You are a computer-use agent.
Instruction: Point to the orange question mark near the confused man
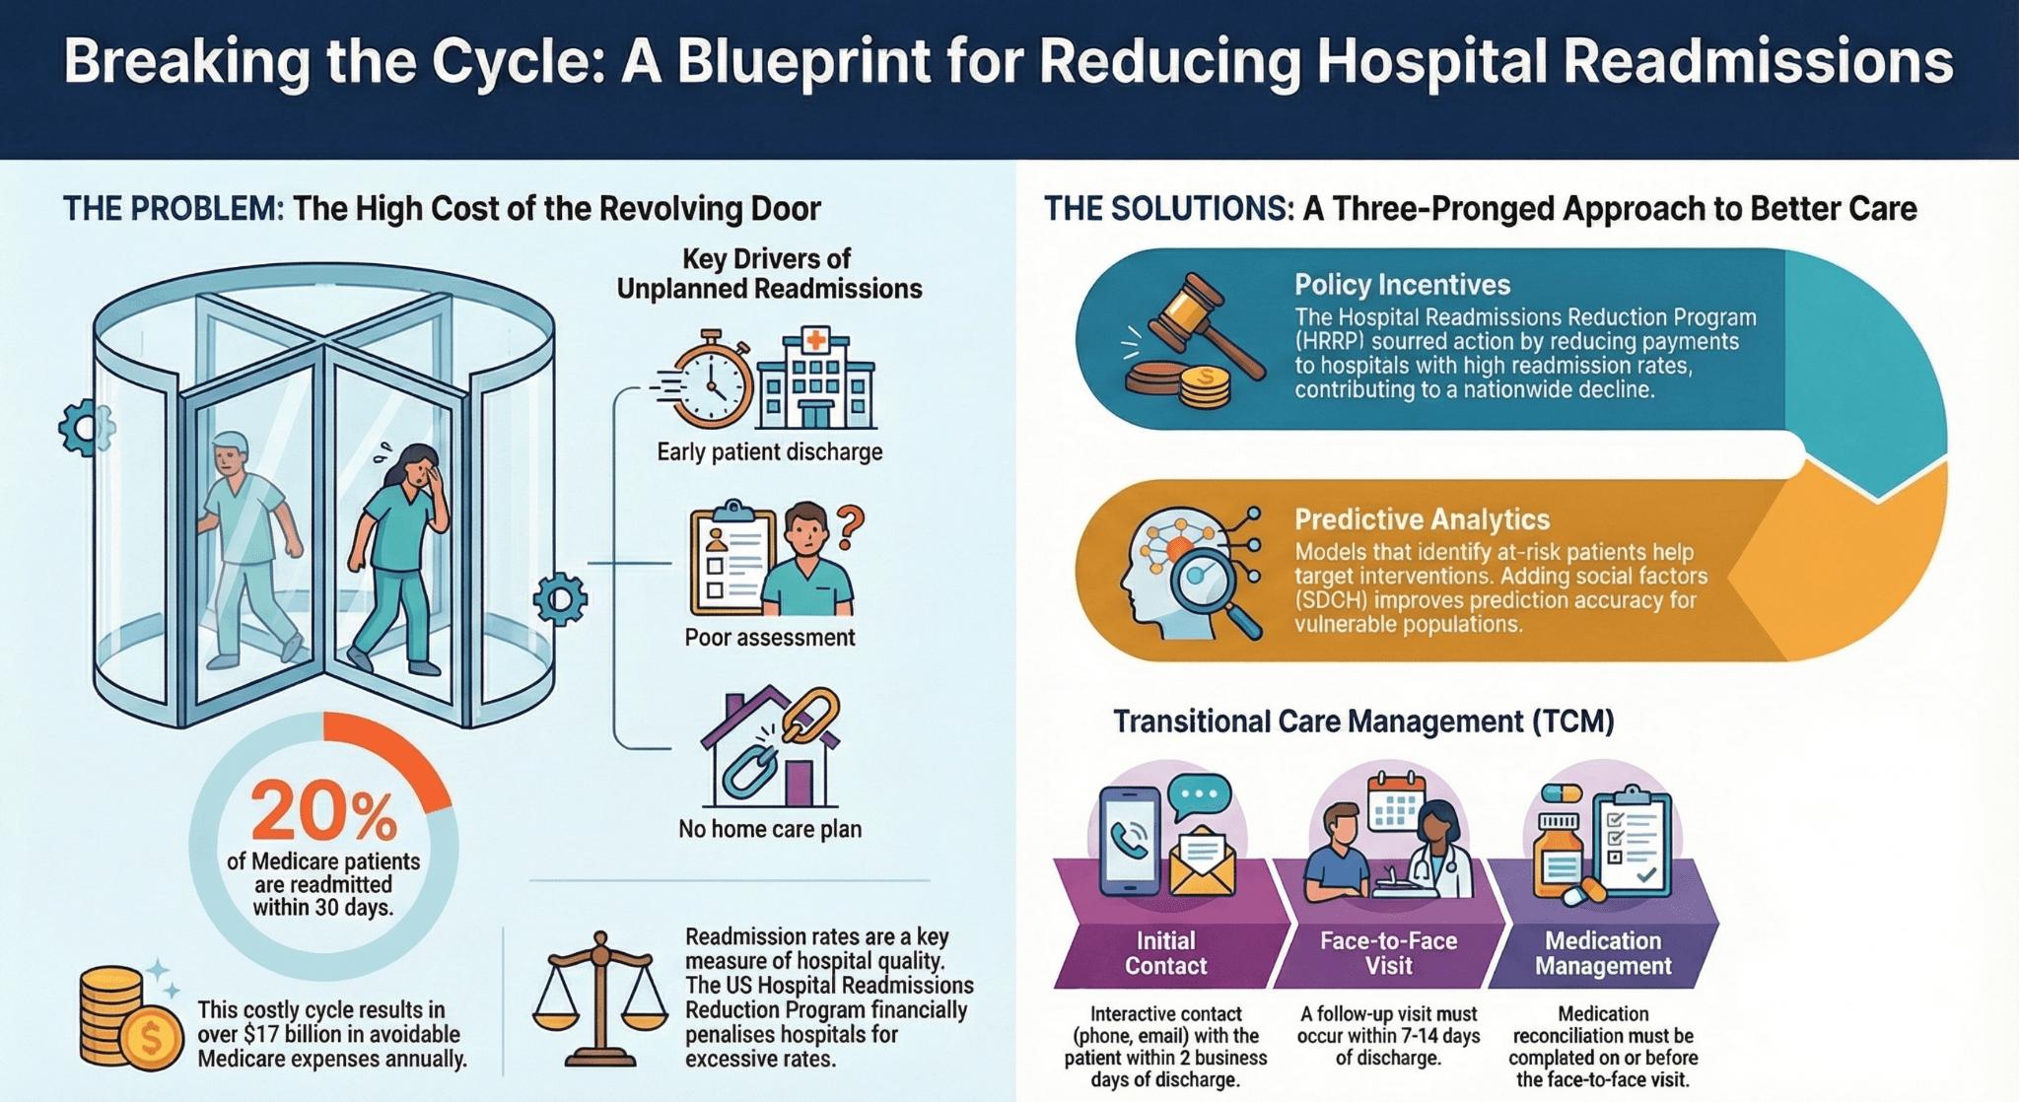click(x=849, y=526)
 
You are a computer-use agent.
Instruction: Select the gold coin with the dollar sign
click(x=151, y=1036)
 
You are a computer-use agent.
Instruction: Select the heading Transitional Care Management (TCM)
click(x=1363, y=722)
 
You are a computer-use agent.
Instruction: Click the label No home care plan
click(x=769, y=829)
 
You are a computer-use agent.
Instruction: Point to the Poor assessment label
click(x=769, y=638)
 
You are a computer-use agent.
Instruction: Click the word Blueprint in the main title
click(x=802, y=61)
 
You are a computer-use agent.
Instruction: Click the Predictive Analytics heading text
click(x=1422, y=519)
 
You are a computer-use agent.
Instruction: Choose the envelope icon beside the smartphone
click(x=1202, y=860)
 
